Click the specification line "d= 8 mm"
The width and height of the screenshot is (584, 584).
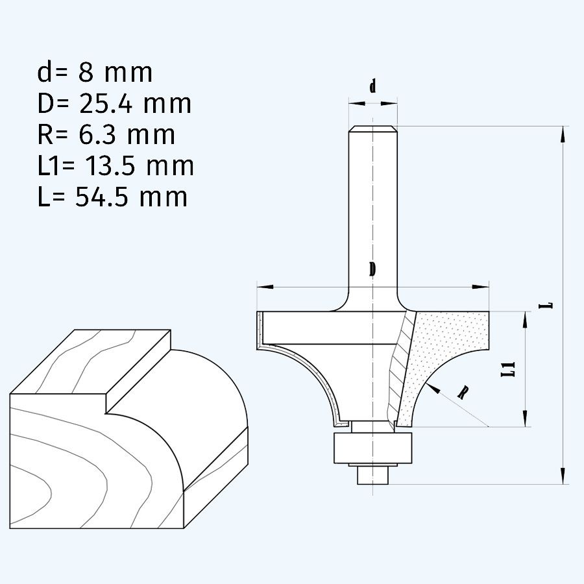(95, 73)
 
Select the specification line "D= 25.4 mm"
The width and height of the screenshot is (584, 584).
(114, 103)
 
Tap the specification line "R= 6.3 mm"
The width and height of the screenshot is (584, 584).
(106, 134)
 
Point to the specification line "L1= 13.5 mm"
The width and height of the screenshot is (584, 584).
(116, 165)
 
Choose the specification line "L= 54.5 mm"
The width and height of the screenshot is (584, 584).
(112, 197)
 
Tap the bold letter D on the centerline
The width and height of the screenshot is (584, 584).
(372, 269)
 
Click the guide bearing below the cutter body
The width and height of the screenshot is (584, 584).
(372, 448)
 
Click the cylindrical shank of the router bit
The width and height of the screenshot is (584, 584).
(372, 208)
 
